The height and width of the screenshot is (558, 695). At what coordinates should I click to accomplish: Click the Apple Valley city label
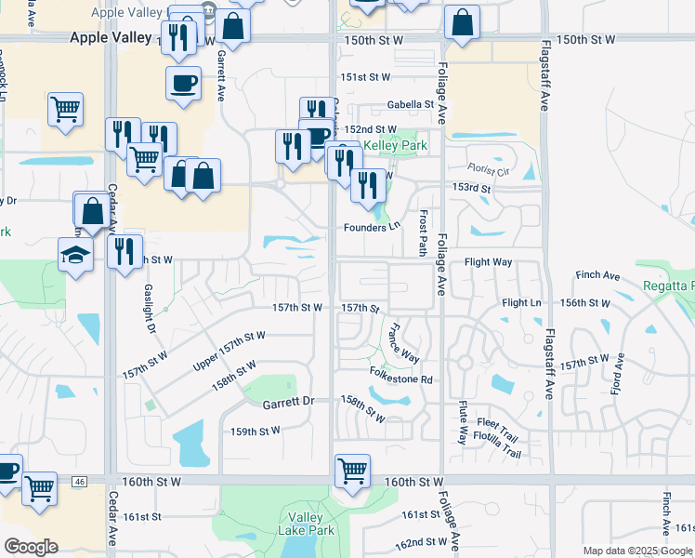click(111, 37)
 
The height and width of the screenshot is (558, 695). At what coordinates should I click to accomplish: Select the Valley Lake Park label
click(306, 524)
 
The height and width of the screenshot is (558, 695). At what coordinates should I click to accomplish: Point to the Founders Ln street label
click(371, 226)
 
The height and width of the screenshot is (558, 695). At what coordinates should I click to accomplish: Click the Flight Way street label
click(488, 262)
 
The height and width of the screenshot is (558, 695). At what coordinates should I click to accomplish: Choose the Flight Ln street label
click(521, 303)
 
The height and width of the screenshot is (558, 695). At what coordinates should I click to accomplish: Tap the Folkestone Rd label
click(401, 379)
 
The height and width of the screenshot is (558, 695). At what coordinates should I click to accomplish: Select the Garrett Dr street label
click(288, 403)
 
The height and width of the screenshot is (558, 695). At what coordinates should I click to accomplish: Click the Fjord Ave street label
click(616, 369)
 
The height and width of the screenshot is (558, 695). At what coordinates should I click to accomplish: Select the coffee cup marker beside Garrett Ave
click(183, 82)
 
